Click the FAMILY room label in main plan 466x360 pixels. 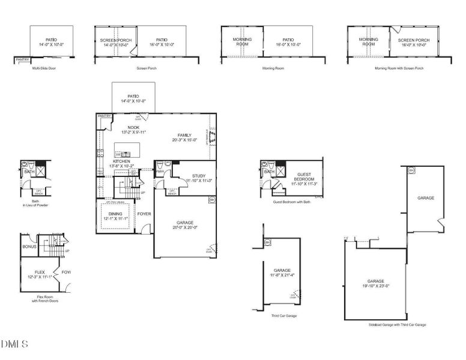pos(184,135)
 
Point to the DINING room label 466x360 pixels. pos(115,213)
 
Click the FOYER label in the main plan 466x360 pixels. pos(144,213)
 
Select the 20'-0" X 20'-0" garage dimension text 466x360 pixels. pos(184,227)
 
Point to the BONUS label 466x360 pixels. pos(29,247)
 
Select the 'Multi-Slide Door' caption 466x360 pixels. pos(44,68)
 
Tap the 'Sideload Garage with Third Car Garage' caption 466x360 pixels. pos(397,325)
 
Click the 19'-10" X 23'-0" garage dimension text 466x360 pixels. pos(375,286)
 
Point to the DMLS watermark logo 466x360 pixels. pos(15,344)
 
